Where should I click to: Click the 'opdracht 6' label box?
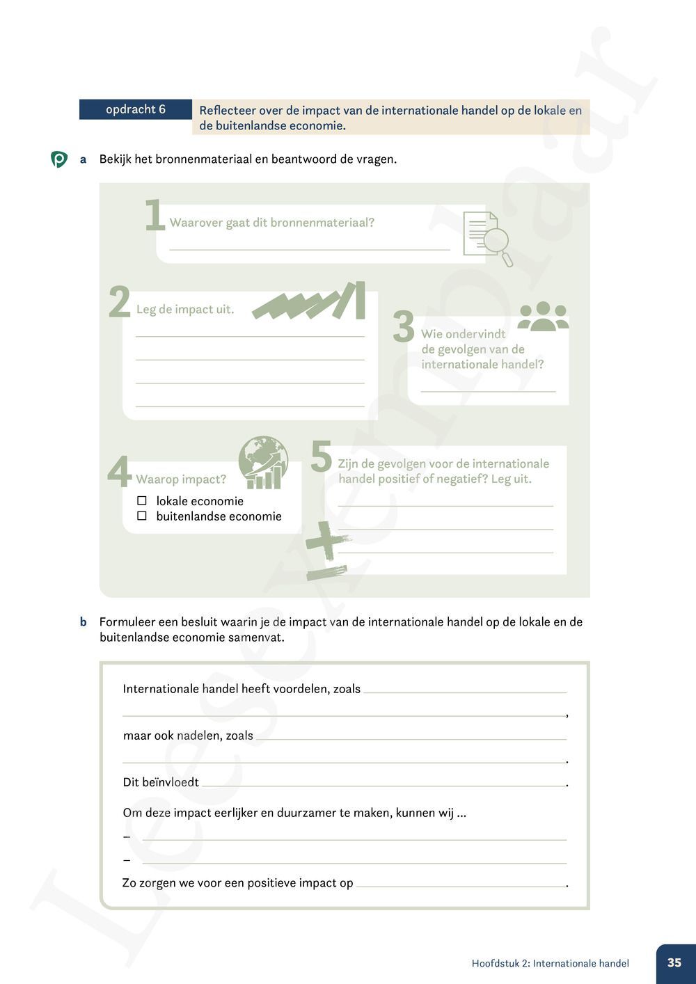tap(135, 109)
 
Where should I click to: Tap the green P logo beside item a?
tap(59, 159)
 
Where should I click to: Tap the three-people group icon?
tap(543, 316)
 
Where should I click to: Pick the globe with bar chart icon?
tap(263, 462)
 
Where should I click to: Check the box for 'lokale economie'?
tap(142, 501)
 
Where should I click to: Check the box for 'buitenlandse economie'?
tap(142, 516)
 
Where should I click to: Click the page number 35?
tap(674, 963)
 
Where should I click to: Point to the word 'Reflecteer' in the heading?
tap(227, 111)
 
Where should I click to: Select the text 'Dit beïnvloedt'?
tap(161, 782)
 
